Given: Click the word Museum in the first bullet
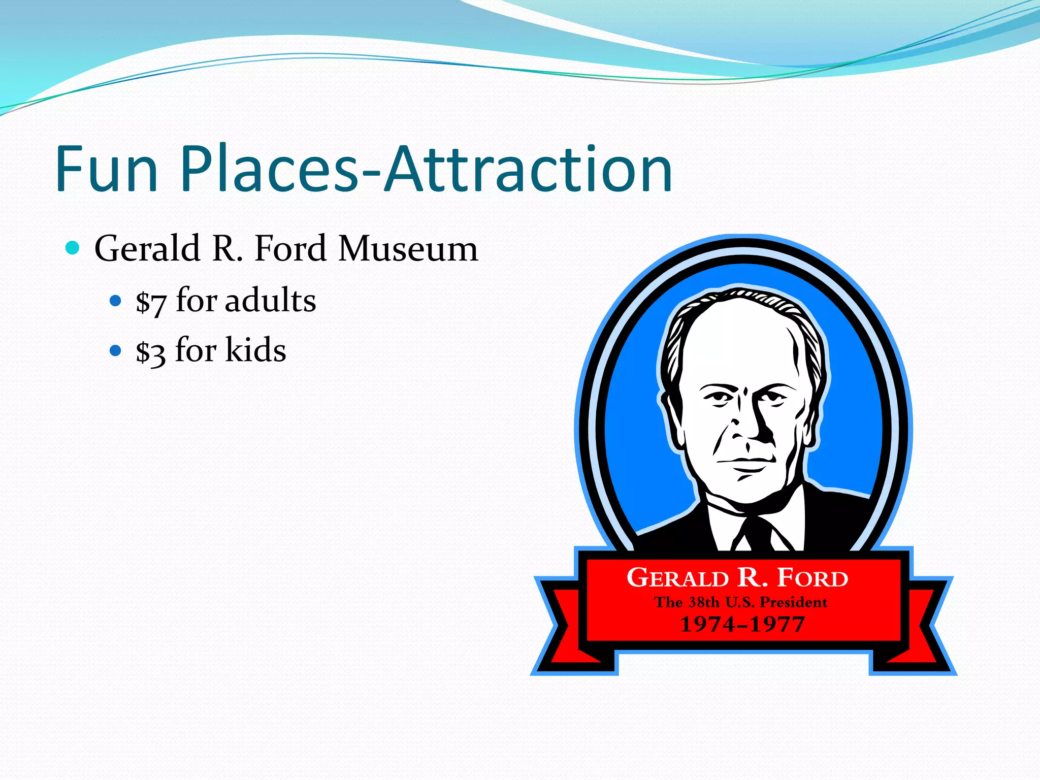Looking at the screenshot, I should [x=408, y=249].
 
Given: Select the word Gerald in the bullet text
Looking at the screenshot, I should [x=147, y=249].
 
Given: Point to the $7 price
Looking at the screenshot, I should [x=151, y=302].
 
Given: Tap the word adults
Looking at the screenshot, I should [x=270, y=300].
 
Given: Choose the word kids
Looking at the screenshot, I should [x=255, y=350].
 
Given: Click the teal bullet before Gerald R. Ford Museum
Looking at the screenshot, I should [x=73, y=248].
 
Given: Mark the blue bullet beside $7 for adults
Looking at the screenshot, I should [x=116, y=301].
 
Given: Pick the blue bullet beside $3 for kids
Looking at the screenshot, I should [x=116, y=350].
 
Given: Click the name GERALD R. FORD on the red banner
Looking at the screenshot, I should [x=737, y=578].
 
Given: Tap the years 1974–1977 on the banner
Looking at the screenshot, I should [x=742, y=624].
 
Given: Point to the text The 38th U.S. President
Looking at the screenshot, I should [x=741, y=602].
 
